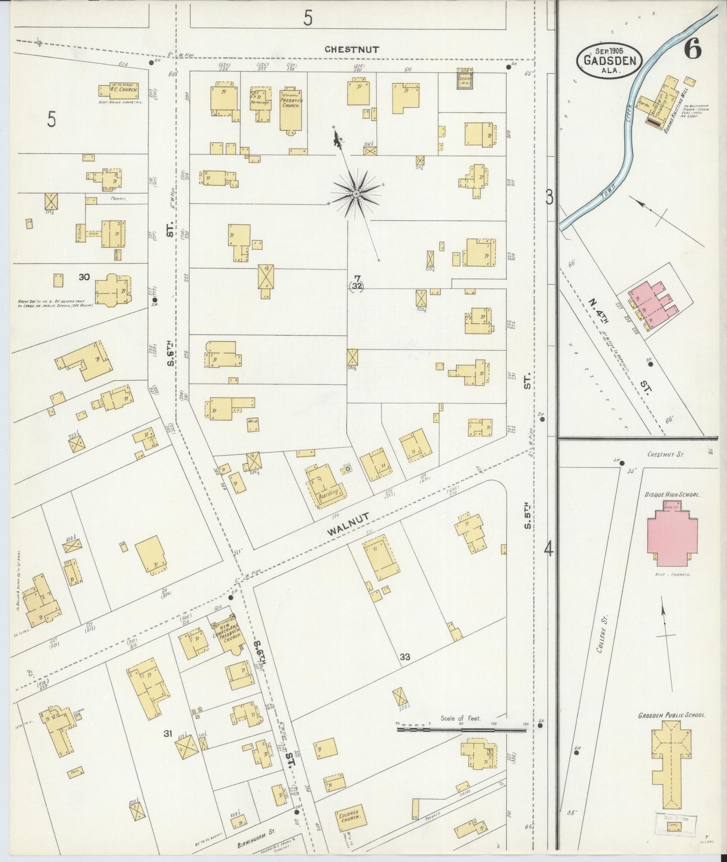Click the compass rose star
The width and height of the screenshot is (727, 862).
click(x=356, y=194)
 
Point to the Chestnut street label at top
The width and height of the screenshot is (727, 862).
click(x=351, y=49)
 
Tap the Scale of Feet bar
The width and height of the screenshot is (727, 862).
click(x=461, y=728)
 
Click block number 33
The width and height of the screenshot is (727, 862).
click(x=406, y=656)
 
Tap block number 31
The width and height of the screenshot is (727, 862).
click(x=168, y=734)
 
